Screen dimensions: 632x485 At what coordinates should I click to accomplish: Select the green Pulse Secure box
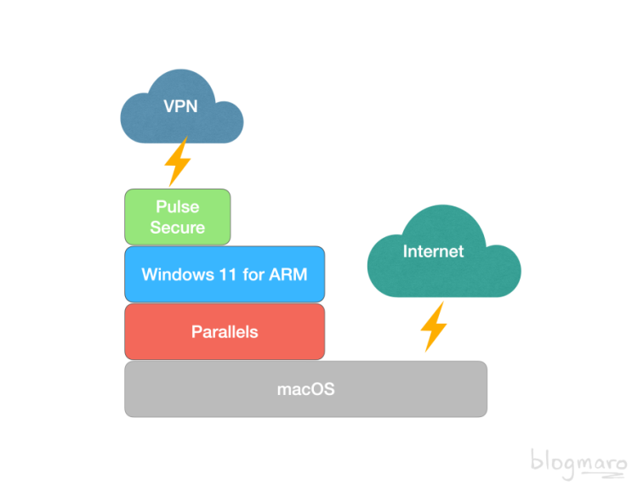(x=178, y=217)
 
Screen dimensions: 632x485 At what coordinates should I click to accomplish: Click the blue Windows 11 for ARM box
(x=225, y=274)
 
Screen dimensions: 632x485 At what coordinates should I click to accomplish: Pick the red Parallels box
(x=225, y=331)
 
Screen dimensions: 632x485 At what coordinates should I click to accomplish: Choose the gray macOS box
(x=305, y=389)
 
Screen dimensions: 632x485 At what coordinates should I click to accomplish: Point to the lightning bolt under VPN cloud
(x=177, y=161)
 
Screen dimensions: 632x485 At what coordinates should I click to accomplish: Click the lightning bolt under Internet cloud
(x=434, y=327)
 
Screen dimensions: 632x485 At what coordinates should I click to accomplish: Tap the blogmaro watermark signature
(x=578, y=464)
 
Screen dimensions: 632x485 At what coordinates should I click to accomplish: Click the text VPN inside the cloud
(x=180, y=106)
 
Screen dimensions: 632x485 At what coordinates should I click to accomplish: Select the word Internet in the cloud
(x=433, y=251)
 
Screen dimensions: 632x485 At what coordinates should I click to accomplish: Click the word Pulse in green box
(x=178, y=206)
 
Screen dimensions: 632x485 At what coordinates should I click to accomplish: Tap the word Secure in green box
(x=178, y=228)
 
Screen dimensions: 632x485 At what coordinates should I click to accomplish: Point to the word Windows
(x=178, y=274)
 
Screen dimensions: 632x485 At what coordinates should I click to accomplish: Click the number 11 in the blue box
(x=228, y=274)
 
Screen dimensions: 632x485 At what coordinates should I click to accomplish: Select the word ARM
(x=288, y=274)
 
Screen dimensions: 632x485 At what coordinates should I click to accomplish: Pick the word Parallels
(x=225, y=332)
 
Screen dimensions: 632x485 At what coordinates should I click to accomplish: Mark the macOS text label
(x=306, y=389)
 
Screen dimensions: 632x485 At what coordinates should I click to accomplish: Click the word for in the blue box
(x=253, y=274)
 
